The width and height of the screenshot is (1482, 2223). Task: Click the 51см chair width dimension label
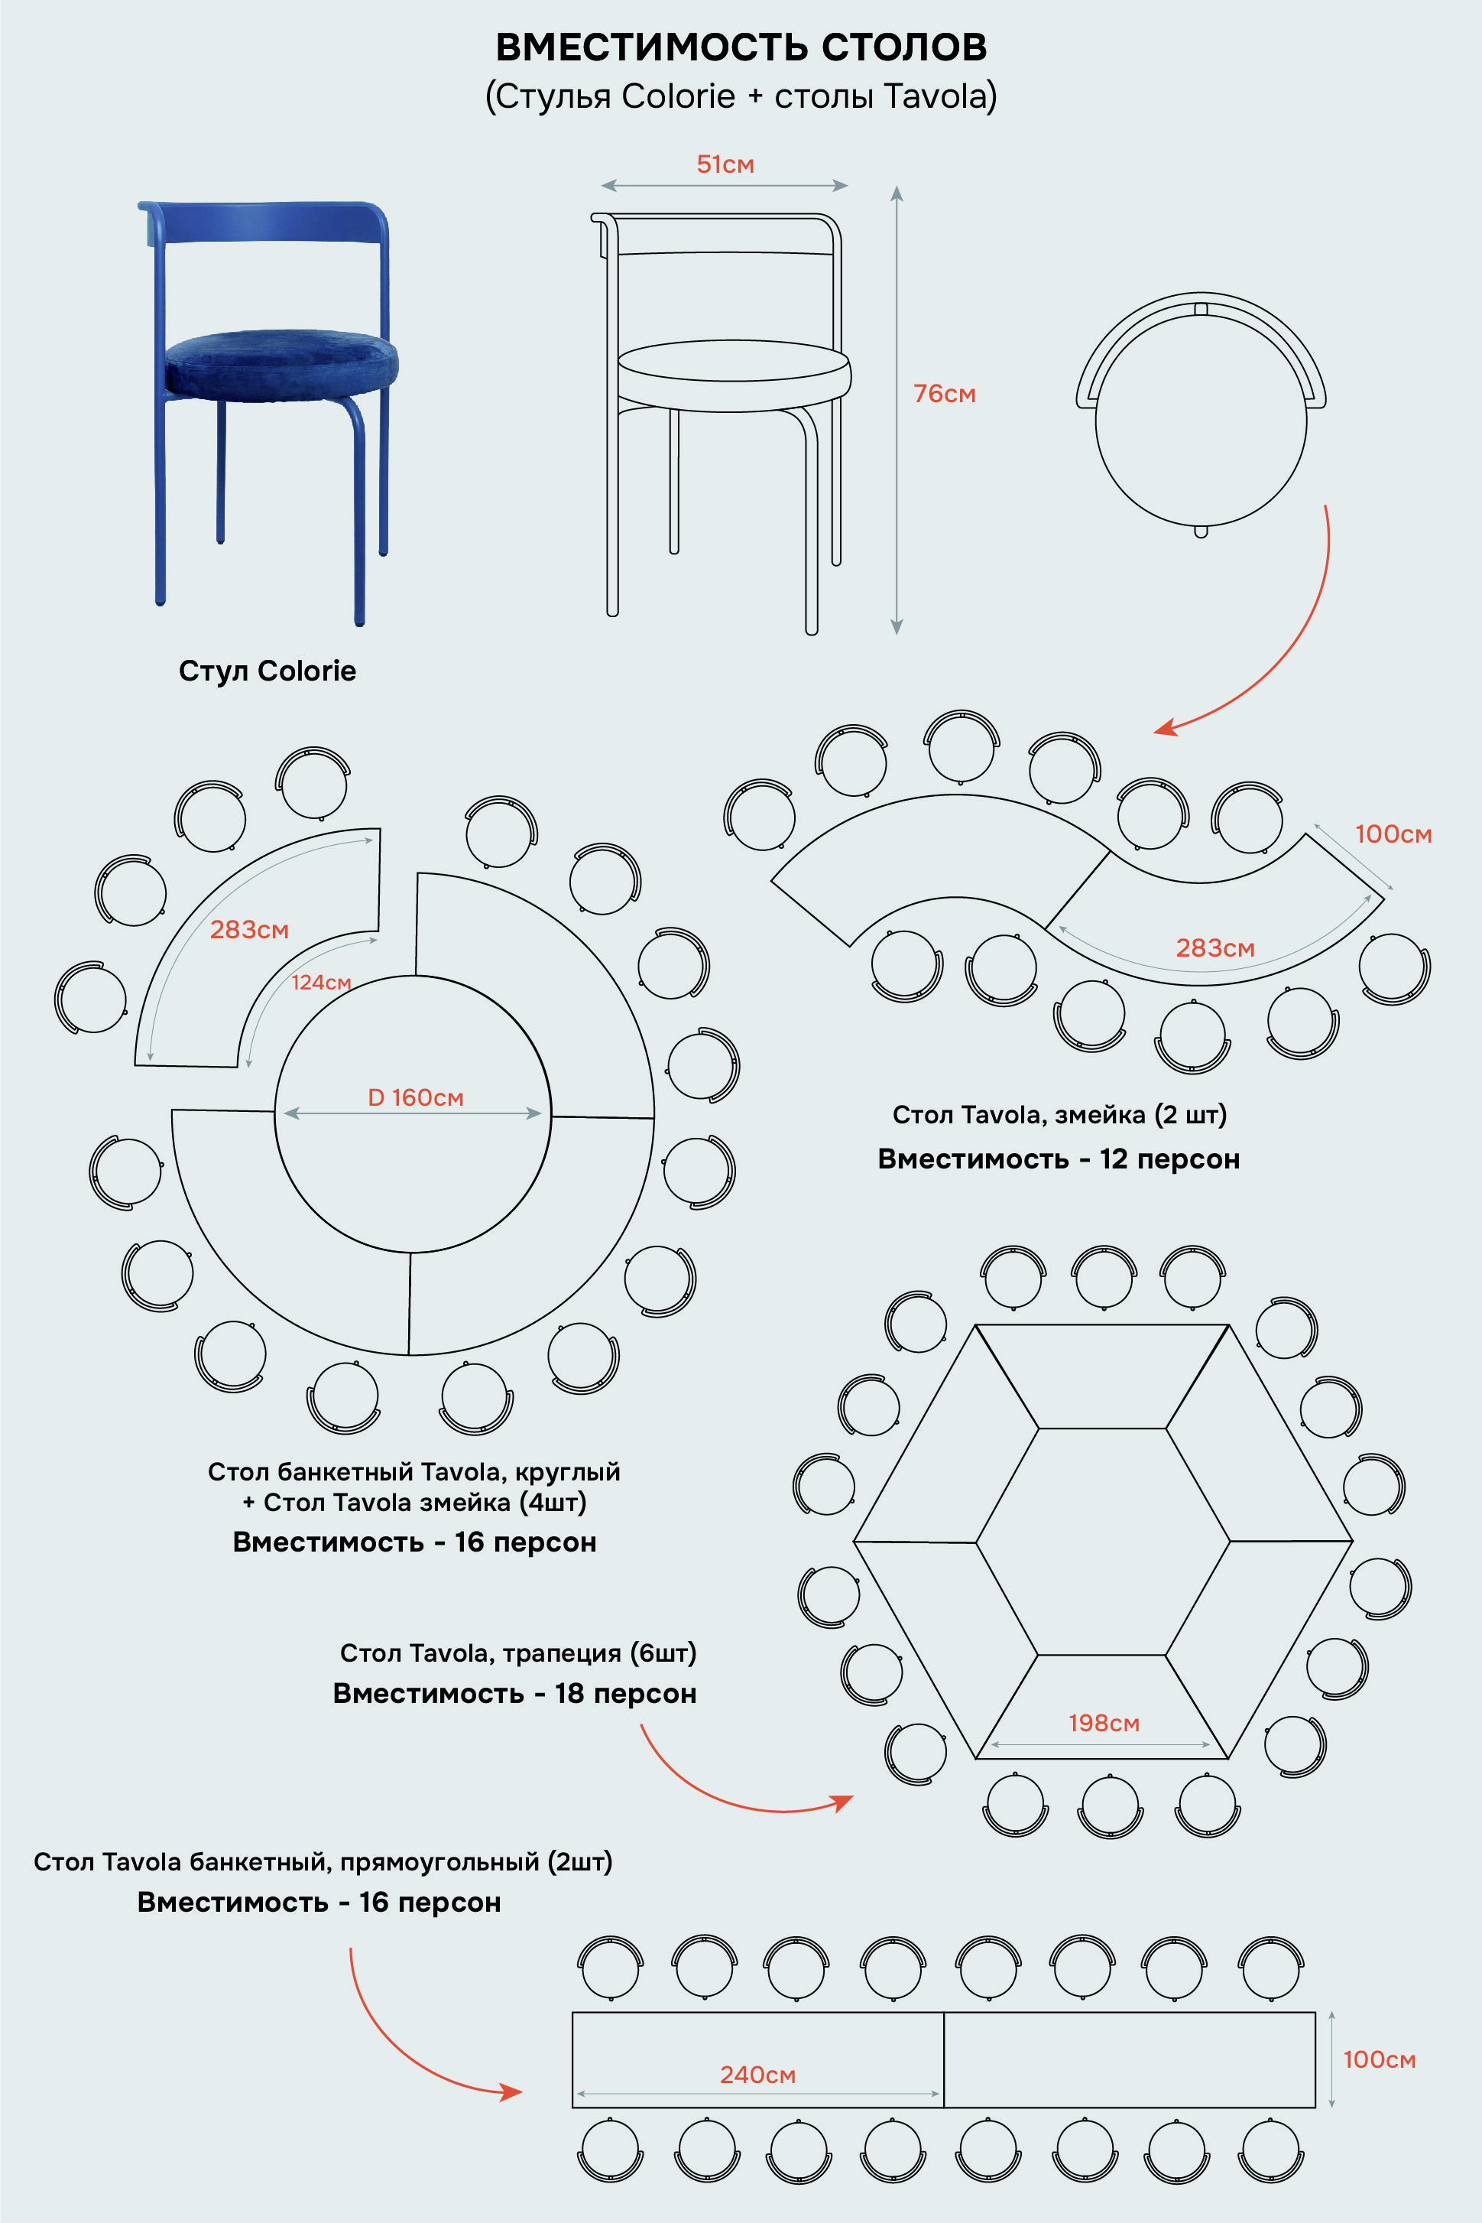(725, 164)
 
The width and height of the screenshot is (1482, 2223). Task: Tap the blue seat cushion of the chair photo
(281, 363)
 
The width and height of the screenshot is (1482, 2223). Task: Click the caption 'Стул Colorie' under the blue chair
(268, 671)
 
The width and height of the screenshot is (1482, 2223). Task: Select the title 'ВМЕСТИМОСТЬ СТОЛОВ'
(741, 47)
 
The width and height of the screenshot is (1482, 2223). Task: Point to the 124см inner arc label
(321, 983)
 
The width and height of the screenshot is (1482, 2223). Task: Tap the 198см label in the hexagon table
(1104, 1723)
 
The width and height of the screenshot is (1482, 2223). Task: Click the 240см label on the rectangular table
(758, 2075)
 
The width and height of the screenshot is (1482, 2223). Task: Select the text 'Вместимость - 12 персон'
(1059, 1159)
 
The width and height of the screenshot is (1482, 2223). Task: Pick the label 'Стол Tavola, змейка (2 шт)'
(1059, 1115)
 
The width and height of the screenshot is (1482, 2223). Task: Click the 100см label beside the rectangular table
(1379, 2059)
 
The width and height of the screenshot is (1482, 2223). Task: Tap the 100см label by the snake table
(1393, 834)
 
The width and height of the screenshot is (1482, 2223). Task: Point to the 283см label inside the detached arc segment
(248, 929)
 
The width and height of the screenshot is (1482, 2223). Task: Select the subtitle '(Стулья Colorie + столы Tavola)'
(741, 96)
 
